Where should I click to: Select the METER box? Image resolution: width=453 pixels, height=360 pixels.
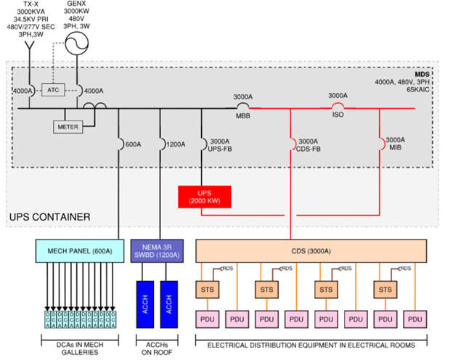pos(68,126)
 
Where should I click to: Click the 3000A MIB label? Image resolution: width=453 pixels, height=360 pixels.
pos(395,144)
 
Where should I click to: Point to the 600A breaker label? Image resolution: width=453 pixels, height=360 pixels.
pos(133,144)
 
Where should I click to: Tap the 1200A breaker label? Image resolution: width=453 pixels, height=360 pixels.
pos(177,144)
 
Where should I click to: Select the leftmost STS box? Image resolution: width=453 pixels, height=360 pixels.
pos(206,290)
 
